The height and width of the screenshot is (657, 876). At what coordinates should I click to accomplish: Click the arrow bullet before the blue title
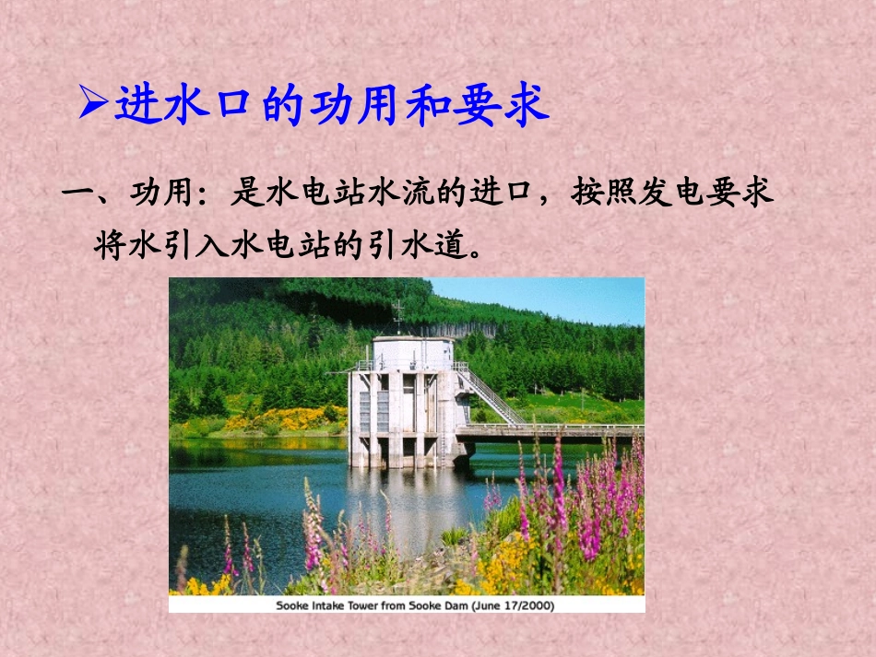(x=93, y=103)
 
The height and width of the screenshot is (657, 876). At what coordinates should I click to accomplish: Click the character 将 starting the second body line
(x=110, y=244)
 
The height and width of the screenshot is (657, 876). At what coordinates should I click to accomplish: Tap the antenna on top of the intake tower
(x=398, y=315)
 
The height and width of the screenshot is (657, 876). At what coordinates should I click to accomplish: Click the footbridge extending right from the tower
(x=553, y=430)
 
